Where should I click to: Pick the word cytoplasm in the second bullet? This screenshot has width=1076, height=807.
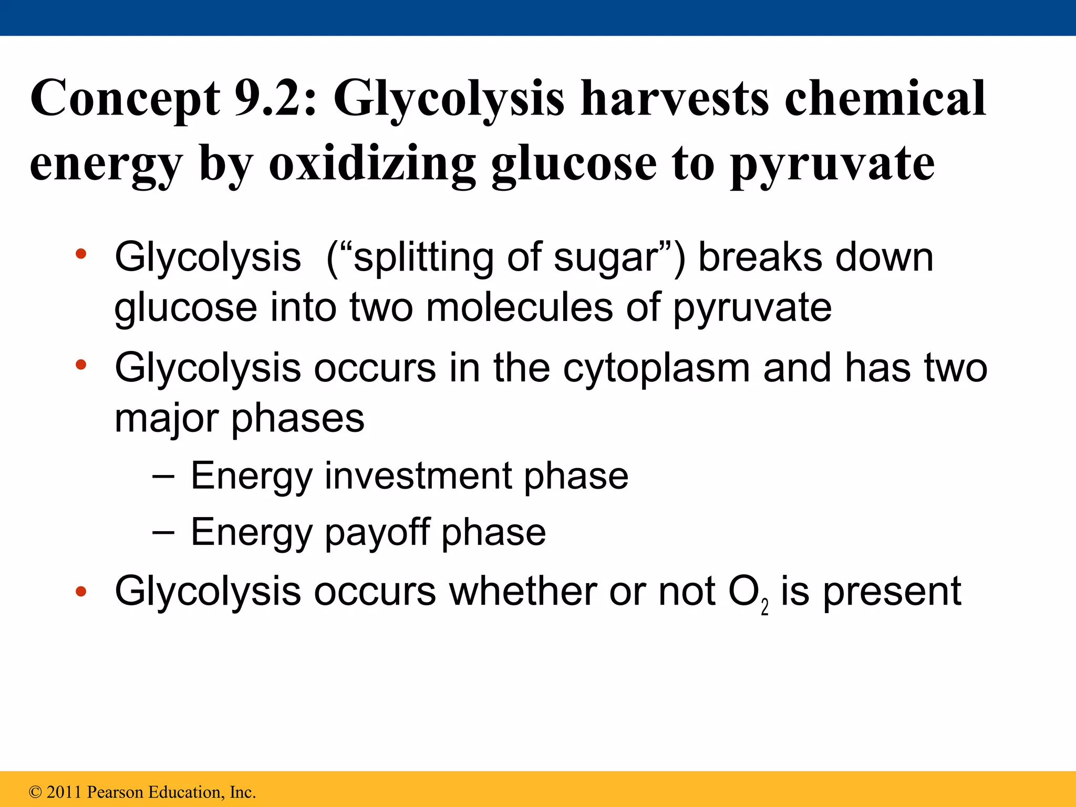coord(656,369)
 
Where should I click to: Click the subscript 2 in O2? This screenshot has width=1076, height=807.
coord(764,607)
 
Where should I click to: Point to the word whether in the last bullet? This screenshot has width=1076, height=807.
coord(523,591)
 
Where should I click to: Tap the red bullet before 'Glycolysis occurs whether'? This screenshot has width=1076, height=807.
coord(80,592)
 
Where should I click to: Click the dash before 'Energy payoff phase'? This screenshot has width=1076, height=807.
coord(163,532)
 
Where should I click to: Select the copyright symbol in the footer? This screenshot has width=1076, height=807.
coord(35,792)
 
